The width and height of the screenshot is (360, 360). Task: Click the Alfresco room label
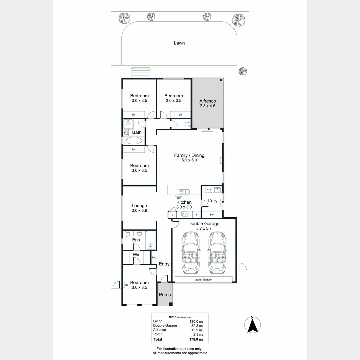coord(208,101)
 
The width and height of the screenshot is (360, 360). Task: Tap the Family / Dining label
coord(189,155)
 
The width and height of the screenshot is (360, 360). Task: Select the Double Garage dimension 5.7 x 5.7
coord(204,228)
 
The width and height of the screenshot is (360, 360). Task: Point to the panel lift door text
coord(203,280)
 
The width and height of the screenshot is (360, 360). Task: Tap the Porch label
coord(165,295)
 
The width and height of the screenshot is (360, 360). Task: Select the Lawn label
coord(179,43)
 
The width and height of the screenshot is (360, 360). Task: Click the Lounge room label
coord(139,206)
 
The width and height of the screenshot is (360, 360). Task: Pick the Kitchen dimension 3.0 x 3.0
coord(184,207)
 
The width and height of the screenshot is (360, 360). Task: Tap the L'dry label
coord(212,201)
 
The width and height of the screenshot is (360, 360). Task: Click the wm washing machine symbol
coord(209,189)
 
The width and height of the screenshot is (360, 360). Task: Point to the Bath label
coord(137,132)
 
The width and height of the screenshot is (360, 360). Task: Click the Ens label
coord(136,240)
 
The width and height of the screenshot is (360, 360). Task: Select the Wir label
coord(136,255)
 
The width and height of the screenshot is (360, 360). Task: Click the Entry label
coord(164,264)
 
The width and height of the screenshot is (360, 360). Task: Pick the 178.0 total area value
coord(196,339)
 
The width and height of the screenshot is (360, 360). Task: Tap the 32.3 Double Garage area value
coord(197,325)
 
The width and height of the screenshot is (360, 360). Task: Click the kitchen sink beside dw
coord(184,191)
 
